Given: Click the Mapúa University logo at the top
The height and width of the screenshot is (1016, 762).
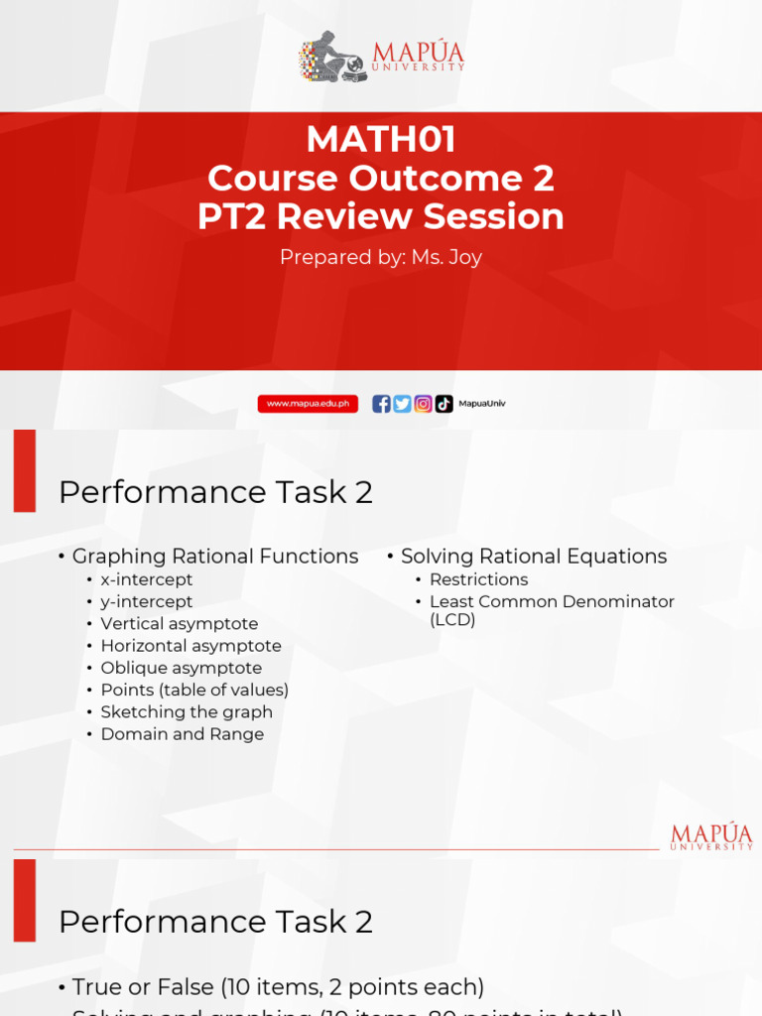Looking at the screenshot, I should (381, 57).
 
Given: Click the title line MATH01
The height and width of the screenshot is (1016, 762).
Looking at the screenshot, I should (381, 139).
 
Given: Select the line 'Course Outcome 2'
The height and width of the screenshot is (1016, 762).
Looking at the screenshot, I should (381, 179).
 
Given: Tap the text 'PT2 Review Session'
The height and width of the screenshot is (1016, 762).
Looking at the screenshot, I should (381, 217).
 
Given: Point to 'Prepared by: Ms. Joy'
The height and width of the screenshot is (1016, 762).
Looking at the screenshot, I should (381, 257).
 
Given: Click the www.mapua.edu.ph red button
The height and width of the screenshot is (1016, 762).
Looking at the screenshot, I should (308, 404).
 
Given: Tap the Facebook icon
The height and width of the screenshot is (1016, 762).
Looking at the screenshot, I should (381, 404).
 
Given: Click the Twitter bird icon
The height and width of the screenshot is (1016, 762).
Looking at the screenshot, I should (402, 404).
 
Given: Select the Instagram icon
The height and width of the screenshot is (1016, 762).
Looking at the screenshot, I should (424, 404).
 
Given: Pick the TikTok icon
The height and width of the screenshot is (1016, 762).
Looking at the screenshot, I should (444, 404).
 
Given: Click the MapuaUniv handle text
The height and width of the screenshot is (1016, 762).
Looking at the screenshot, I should (481, 404).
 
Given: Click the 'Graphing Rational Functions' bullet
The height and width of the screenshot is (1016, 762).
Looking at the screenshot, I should (215, 557).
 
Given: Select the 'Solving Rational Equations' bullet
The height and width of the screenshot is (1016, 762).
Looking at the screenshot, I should (534, 557).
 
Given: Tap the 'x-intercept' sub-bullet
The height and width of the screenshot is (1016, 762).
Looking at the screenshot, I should (147, 579).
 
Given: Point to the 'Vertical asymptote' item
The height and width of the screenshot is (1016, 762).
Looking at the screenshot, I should (179, 623).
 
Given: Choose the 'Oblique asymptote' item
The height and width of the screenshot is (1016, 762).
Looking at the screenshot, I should (181, 668).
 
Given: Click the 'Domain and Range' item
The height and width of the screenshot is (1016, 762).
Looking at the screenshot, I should (182, 734).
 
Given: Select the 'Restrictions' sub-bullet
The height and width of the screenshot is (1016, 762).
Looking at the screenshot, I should (478, 579).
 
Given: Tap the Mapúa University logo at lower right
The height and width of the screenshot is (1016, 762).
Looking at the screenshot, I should (711, 836).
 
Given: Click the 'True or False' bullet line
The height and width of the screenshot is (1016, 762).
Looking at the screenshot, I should (278, 987).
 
